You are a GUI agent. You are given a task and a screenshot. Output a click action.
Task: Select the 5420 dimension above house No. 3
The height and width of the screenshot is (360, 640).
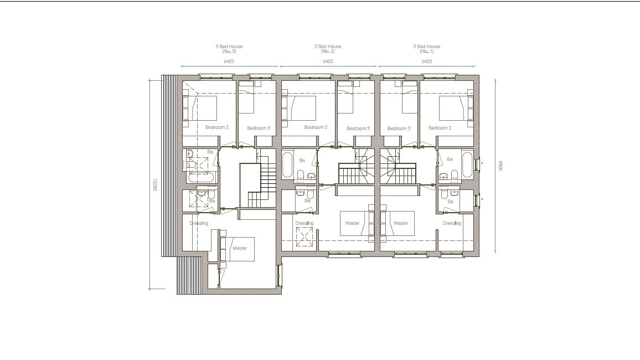(229, 61)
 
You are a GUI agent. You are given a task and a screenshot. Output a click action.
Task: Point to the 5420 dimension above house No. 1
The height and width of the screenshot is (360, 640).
(426, 61)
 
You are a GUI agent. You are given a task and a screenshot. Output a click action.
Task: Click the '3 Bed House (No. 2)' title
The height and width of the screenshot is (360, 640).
(328, 48)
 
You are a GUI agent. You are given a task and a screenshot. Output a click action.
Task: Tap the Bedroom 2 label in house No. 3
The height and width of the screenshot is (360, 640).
(217, 128)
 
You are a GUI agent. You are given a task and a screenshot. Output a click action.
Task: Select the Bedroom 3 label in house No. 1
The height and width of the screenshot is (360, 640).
(399, 128)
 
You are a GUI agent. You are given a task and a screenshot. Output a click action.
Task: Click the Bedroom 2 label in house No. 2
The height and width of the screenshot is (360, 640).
(316, 128)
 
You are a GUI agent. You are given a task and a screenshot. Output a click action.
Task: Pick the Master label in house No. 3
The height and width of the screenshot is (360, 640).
(240, 249)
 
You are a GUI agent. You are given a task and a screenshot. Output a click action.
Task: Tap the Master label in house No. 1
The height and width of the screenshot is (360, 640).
(401, 223)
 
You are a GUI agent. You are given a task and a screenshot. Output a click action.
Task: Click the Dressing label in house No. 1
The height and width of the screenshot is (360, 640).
(452, 223)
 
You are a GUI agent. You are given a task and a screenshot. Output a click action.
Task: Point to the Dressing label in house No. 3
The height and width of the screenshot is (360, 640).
(198, 223)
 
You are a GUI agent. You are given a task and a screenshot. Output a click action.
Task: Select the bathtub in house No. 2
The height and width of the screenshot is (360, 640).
(287, 164)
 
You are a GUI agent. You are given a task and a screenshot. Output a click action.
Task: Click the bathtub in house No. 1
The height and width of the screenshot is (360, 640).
(468, 164)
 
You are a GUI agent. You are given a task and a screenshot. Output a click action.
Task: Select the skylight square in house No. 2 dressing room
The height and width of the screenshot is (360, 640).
(303, 237)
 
